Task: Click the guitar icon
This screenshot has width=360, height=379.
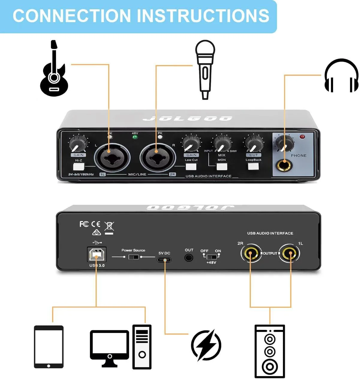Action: coord(54,70)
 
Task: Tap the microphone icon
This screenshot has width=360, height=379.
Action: coord(205,69)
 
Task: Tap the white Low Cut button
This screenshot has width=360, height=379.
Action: coord(191,167)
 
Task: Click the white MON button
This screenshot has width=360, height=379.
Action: coord(222,167)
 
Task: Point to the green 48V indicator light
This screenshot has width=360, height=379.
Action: coord(135,137)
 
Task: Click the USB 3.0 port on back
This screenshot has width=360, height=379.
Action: coord(97,254)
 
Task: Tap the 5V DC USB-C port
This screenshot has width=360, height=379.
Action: coord(164,260)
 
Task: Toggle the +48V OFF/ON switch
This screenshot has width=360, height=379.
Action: coord(212,257)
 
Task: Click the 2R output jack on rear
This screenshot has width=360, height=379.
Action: coord(251,254)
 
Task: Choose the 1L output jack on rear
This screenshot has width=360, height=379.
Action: coord(290,254)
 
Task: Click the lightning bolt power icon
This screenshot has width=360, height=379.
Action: coord(206,345)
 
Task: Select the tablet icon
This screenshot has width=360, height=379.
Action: coord(49,347)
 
